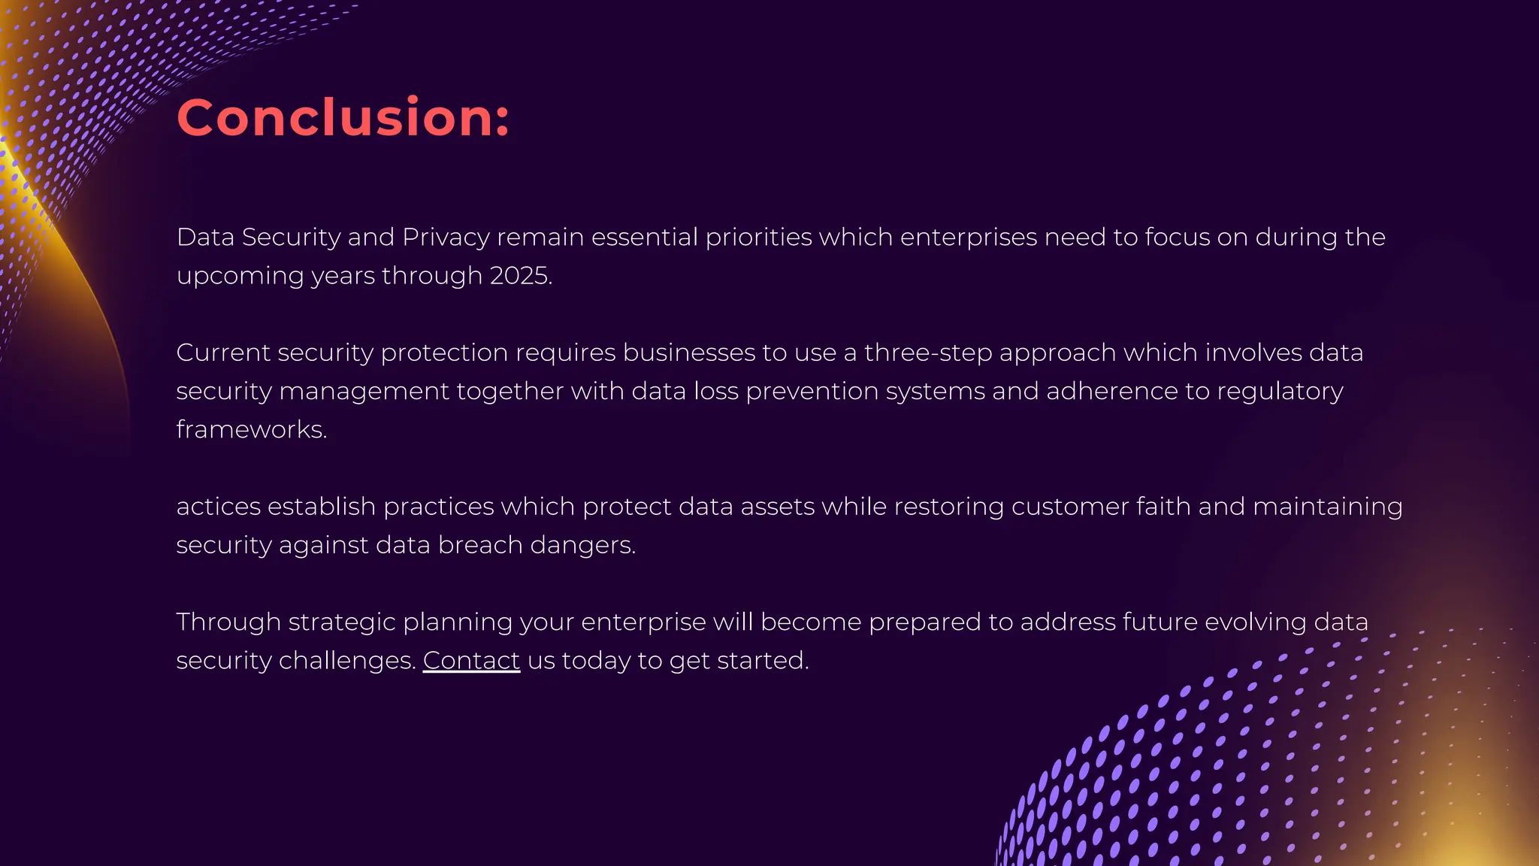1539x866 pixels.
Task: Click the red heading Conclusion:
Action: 343,118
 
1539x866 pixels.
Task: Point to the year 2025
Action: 520,276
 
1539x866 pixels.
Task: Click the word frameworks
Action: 250,430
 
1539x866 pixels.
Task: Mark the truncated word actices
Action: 218,507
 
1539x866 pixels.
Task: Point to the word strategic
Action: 341,622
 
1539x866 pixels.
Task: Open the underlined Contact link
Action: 471,661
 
